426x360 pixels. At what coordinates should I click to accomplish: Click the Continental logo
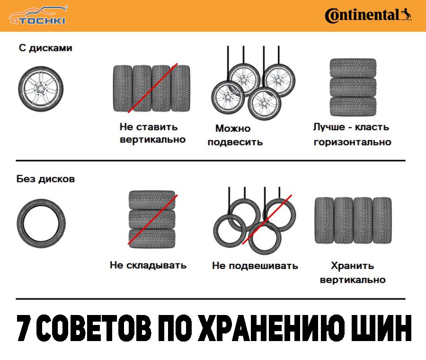click(368, 16)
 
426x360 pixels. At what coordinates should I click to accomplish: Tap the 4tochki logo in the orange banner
click(38, 16)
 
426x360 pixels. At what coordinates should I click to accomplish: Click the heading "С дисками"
click(45, 48)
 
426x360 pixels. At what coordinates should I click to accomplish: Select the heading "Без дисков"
click(45, 179)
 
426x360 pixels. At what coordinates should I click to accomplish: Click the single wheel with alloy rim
click(41, 89)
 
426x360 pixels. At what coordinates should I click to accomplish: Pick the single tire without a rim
click(41, 224)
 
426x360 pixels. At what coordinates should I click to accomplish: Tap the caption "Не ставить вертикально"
click(152, 133)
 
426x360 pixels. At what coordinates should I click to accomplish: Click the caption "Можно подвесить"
click(235, 135)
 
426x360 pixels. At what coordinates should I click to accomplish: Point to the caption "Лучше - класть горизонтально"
click(352, 135)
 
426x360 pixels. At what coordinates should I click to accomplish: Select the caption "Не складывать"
click(148, 265)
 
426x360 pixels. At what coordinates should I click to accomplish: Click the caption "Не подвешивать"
click(255, 266)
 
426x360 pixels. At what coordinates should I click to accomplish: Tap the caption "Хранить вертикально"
click(353, 272)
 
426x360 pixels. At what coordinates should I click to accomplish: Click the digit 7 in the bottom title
click(25, 328)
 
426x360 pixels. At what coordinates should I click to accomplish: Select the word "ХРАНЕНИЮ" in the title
click(274, 328)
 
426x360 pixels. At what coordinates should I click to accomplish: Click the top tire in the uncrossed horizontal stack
click(353, 68)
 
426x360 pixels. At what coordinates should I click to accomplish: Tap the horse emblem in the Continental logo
click(406, 14)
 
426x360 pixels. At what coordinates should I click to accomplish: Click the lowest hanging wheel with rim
click(264, 104)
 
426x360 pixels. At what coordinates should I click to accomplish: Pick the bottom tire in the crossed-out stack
click(152, 238)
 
